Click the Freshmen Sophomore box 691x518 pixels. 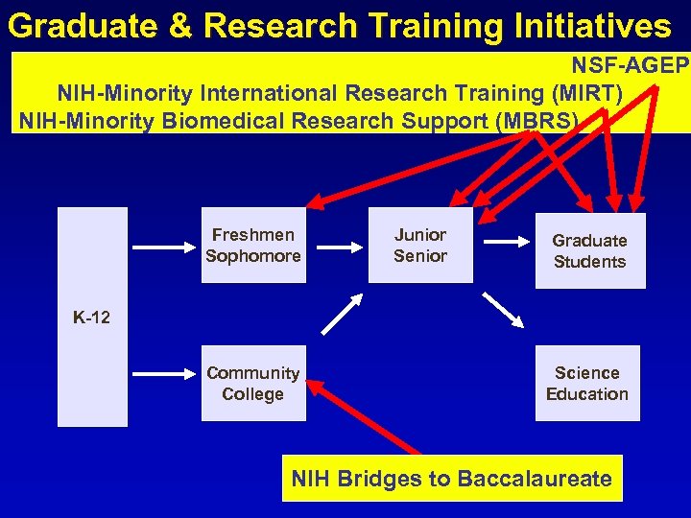253,246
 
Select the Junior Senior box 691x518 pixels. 420,246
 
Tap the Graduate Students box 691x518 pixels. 589,251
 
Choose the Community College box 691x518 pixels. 253,384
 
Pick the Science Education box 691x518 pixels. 586,384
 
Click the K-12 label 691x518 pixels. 92,318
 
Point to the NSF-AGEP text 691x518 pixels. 630,66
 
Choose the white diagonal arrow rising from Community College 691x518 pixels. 340,314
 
